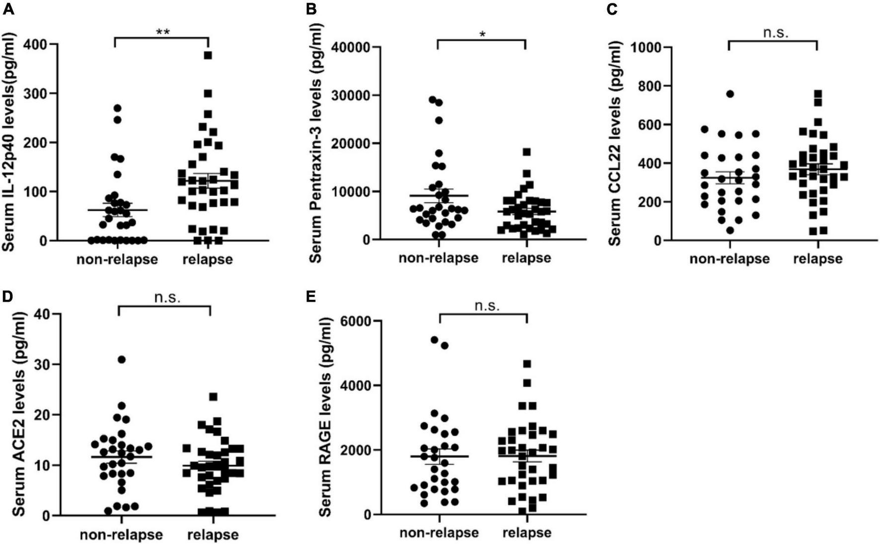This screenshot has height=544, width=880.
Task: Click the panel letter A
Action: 8,8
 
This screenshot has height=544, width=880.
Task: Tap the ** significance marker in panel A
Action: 163,32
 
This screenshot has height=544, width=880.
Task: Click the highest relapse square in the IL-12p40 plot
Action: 208,55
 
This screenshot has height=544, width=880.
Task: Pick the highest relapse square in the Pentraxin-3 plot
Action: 526,152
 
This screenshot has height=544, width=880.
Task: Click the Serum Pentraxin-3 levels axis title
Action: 316,144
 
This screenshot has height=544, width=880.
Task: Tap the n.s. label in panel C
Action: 775,33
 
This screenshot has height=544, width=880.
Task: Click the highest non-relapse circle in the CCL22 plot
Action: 730,94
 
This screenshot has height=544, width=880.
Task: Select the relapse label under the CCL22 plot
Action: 817,259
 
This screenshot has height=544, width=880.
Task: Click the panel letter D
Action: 7,296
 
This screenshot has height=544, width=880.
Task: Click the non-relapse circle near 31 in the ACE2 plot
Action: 122,359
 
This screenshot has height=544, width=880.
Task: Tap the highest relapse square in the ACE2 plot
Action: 214,397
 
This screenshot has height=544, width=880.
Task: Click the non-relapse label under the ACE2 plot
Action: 122,535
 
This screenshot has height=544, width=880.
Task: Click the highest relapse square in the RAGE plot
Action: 527,364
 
